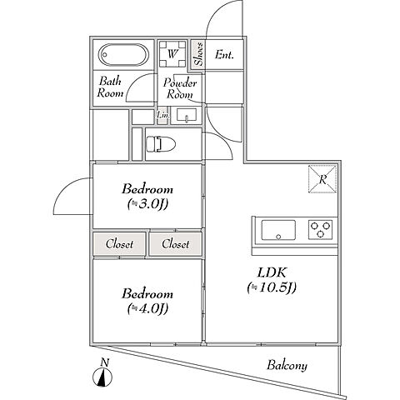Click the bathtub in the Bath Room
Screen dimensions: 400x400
123,55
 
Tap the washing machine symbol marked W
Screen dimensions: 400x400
172,54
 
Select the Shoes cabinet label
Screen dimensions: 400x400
198,54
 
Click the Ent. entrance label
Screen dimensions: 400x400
224,54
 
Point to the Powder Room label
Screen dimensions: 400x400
180,88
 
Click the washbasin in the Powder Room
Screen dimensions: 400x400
187,115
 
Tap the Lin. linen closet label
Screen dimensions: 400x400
162,114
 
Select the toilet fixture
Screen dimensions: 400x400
161,144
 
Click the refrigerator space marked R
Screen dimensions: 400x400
322,179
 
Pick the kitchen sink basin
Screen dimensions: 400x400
278,230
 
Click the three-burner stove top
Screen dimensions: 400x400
320,230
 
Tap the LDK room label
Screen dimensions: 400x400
272,272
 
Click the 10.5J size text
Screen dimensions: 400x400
272,287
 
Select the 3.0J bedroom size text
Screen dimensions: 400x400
147,204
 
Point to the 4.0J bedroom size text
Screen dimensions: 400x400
147,308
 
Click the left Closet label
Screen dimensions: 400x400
119,244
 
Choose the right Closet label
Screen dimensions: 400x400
176,244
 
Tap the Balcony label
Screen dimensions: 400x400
287,365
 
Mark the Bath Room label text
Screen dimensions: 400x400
110,87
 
